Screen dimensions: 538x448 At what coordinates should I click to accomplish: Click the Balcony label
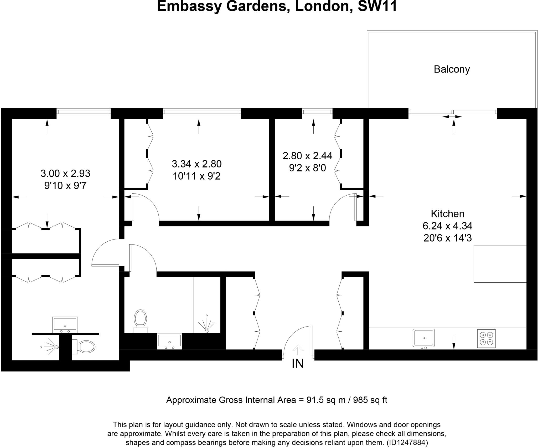point(452,69)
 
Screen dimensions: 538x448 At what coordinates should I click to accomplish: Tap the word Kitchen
point(448,214)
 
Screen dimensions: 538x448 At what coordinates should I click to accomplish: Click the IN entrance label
point(298,364)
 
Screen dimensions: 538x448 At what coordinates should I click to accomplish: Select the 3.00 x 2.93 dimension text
point(65,174)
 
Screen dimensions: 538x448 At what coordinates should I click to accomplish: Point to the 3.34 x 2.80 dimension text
point(197,164)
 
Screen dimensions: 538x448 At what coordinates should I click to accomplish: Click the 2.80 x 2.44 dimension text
point(307,156)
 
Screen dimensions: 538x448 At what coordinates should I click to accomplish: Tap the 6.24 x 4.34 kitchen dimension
point(448,226)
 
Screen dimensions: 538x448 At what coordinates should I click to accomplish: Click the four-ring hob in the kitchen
point(486,339)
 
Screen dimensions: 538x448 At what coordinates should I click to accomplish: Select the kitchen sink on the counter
point(423,338)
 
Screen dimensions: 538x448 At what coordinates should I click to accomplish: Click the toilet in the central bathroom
point(140,321)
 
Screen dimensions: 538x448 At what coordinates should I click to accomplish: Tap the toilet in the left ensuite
point(84,347)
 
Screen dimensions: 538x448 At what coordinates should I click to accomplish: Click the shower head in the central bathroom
point(207,325)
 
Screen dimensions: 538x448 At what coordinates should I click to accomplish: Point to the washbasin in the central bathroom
point(169,341)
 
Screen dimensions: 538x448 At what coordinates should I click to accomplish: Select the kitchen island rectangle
point(500,264)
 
